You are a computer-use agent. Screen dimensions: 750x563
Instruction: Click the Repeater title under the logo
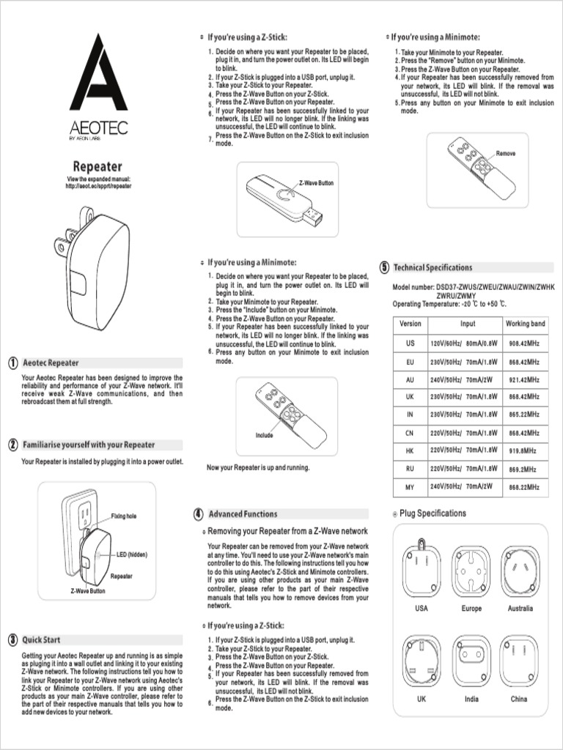point(97,167)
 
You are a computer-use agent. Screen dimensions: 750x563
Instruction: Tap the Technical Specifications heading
point(433,268)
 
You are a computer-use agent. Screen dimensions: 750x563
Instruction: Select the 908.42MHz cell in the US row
point(525,343)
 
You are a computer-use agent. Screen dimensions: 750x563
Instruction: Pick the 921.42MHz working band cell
point(525,380)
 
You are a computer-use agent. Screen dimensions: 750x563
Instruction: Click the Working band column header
point(525,324)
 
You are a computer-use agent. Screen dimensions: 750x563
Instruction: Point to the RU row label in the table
point(410,468)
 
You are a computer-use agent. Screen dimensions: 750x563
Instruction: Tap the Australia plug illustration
point(519,569)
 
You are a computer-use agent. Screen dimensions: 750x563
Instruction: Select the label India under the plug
point(471,699)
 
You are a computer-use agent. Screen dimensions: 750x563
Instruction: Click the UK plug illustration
point(421,659)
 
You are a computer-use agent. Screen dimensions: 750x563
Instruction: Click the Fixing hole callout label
point(123,516)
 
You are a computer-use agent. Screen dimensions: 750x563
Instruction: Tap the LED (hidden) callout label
point(132,554)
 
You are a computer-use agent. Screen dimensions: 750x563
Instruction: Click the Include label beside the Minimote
point(264,436)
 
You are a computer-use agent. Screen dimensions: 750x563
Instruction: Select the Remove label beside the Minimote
point(506,154)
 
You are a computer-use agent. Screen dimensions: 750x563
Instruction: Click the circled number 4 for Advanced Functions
point(198,514)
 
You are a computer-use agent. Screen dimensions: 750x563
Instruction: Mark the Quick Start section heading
point(41,639)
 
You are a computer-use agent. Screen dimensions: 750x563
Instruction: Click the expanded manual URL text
point(99,187)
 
